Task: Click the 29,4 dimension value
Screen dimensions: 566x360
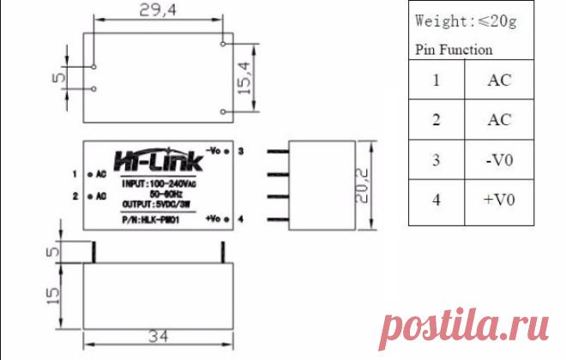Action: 158,9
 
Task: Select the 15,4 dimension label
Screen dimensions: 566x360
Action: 244,78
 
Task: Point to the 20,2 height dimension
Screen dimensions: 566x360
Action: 362,185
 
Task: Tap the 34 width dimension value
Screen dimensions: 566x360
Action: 158,336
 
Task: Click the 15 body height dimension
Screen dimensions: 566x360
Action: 53,296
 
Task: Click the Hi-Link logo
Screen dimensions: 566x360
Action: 159,160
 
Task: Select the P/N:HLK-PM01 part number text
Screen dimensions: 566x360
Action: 151,219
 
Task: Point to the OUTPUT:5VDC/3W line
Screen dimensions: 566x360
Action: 156,205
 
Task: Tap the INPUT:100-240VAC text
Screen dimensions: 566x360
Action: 159,183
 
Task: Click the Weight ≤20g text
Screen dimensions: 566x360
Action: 466,21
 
